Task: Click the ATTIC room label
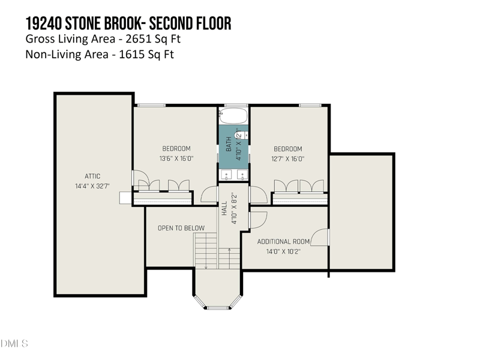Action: (x=92, y=176)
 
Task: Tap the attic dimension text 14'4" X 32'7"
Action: (x=92, y=186)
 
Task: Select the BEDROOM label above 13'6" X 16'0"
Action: (x=176, y=149)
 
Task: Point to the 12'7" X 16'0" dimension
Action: (x=288, y=158)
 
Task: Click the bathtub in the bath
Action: (x=234, y=115)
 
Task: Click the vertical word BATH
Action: (x=228, y=145)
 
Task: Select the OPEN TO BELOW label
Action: (x=181, y=228)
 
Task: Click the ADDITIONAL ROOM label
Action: (x=283, y=242)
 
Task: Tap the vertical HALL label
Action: (x=224, y=208)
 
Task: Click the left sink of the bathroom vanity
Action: (x=226, y=175)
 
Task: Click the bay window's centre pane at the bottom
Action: (x=218, y=308)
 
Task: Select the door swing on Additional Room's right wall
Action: (x=322, y=238)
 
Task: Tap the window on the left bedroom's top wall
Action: (x=148, y=106)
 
